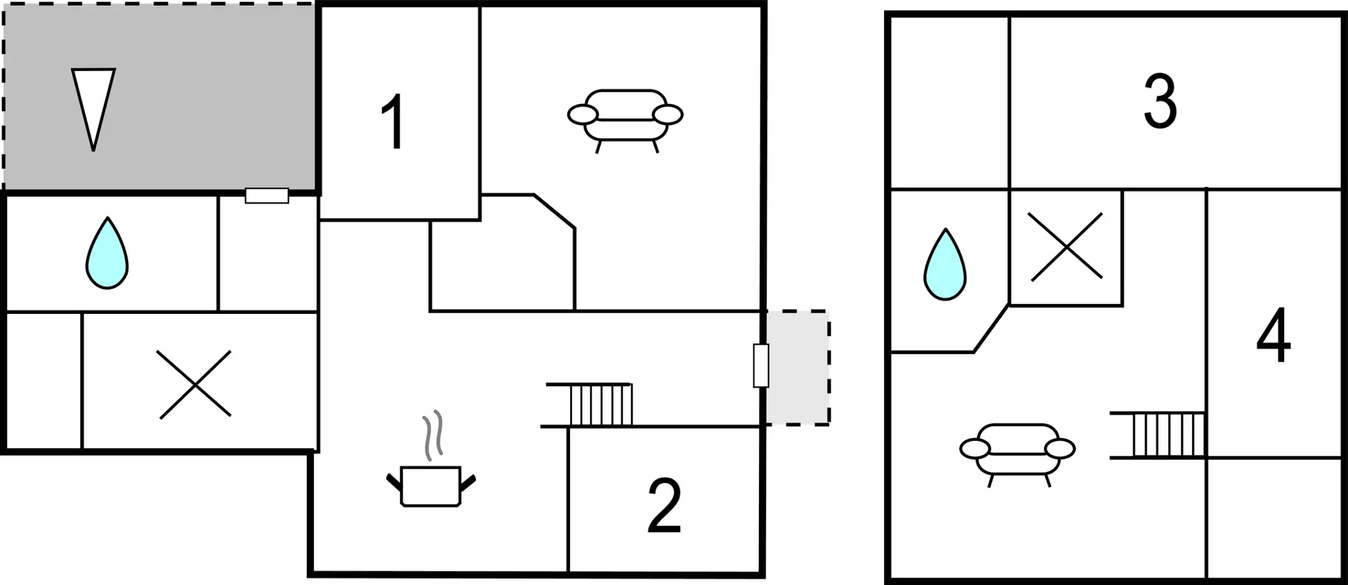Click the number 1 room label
393,121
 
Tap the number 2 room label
664,505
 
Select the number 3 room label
1160,102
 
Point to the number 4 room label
1273,335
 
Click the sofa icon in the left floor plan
625,120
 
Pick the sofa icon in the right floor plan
1017,454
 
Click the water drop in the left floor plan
107,254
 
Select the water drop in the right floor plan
945,265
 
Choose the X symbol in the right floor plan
1066,247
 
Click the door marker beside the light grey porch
761,365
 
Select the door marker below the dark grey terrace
267,195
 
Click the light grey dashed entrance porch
798,367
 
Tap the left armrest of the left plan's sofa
582,114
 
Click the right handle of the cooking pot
468,482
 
